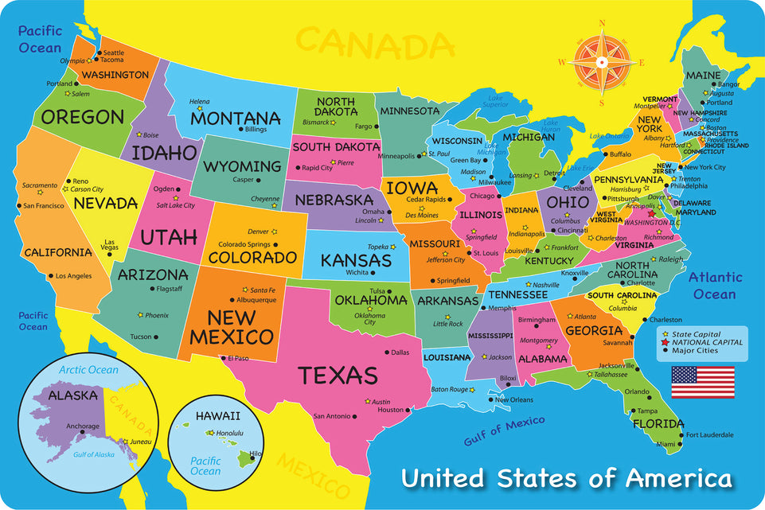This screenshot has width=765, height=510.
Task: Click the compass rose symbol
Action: (x=602, y=61)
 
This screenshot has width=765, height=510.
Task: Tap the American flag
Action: (x=703, y=382)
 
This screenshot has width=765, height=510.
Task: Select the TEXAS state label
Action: (x=338, y=375)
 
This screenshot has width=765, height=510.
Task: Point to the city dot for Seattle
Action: (x=99, y=53)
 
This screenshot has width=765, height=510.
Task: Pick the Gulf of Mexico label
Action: (x=505, y=430)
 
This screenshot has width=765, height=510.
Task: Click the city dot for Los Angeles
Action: (x=49, y=276)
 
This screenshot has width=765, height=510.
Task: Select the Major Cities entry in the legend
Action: (x=695, y=351)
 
